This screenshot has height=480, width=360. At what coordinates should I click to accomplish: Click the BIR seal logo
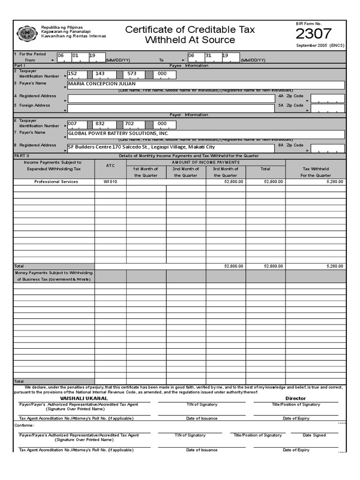[27, 33]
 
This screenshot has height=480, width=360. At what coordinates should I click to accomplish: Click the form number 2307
[314, 34]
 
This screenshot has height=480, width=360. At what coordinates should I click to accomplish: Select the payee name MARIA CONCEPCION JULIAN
[102, 84]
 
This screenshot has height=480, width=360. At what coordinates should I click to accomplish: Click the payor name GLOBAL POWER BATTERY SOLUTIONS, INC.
[118, 134]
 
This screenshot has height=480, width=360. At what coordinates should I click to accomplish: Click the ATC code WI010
[110, 181]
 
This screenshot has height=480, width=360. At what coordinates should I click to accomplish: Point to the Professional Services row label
[56, 181]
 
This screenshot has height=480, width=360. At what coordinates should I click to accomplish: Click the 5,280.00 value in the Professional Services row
[335, 181]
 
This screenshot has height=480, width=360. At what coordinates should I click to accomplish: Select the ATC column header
[110, 165]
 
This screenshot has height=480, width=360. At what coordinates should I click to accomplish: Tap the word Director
[295, 398]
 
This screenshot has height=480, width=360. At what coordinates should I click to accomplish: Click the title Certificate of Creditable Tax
[190, 30]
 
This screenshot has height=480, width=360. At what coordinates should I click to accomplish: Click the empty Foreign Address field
[172, 108]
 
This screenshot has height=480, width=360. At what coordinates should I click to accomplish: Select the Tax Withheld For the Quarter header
[315, 172]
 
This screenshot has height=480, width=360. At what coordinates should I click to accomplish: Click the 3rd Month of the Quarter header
[225, 172]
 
